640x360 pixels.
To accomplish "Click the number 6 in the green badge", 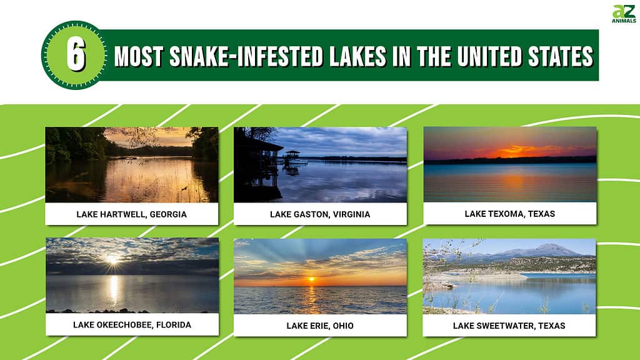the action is (76, 56).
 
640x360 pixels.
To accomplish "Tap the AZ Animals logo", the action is (624, 14).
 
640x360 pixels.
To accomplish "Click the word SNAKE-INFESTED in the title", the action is (246, 56).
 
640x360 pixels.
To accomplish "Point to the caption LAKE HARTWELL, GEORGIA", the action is (131, 214).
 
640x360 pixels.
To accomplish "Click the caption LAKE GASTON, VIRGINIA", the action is (320, 214).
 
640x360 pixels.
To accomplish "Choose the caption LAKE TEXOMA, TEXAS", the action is (510, 214).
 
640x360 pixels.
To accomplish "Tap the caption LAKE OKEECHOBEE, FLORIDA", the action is (132, 325).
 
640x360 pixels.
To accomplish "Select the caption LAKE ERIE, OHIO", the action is (320, 326).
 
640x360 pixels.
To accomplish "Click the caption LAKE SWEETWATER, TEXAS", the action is (509, 326).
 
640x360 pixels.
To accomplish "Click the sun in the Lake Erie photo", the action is (311, 279).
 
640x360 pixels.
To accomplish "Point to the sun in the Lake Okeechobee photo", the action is (112, 259).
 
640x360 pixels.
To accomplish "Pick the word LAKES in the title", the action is (357, 56).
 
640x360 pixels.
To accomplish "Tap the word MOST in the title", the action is (139, 56).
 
